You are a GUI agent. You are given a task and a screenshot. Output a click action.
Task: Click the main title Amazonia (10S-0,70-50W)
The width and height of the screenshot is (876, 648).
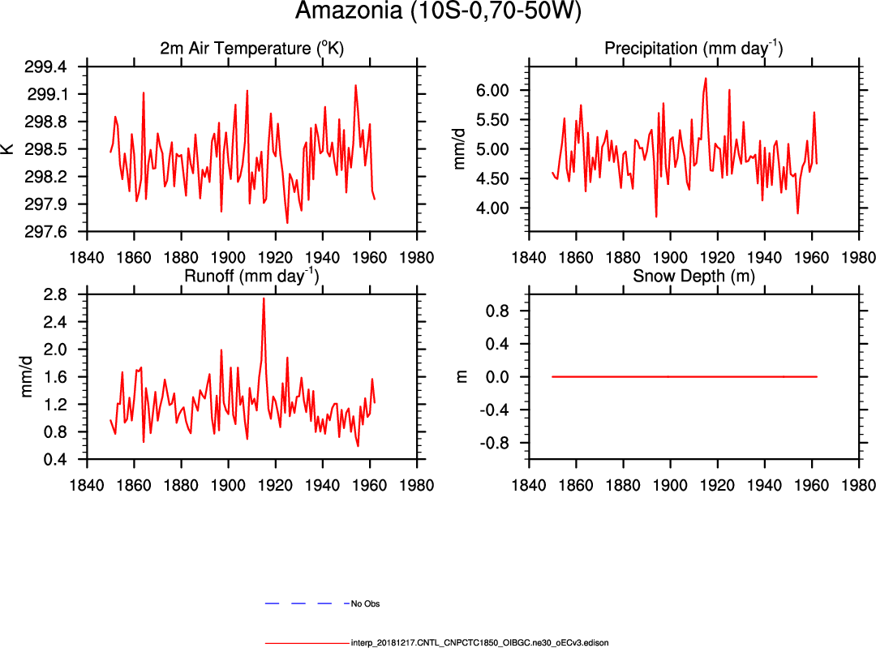438,13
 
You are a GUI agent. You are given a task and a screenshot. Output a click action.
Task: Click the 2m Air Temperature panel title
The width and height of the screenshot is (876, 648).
251,49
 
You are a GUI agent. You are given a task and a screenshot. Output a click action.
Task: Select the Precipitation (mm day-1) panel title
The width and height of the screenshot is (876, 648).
693,49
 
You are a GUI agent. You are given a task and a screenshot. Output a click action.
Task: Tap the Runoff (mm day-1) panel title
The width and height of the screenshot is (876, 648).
251,276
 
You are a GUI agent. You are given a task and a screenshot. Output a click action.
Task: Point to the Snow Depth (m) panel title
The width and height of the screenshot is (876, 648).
693,276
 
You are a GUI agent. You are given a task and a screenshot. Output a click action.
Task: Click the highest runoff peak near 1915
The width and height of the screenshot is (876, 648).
264,298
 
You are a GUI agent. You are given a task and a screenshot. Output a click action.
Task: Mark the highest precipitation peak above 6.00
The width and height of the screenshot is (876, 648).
706,79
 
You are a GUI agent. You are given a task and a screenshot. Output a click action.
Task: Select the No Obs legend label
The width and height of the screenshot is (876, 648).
365,604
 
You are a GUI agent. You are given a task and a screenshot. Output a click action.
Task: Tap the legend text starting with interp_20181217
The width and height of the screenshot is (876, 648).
479,642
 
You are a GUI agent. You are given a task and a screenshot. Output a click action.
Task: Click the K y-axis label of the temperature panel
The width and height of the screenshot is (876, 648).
9,149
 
